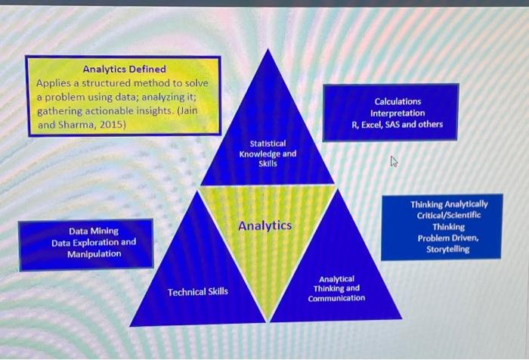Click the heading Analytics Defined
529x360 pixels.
124,70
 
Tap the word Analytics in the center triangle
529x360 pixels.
264,225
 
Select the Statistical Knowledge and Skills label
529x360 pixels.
268,154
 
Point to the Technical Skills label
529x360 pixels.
197,292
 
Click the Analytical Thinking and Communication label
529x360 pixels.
336,288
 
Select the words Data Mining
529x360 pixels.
93,231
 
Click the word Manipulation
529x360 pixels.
94,253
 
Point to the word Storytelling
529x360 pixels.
443,249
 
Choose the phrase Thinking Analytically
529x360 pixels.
449,204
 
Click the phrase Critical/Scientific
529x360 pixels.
448,216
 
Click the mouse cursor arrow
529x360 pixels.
394,161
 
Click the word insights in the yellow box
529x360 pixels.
154,110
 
